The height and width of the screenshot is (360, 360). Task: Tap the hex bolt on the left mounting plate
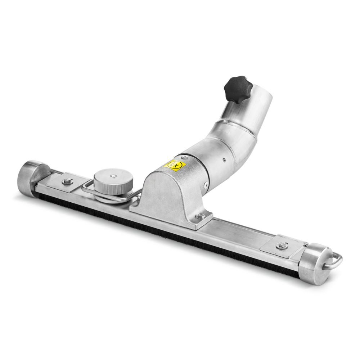(x=67, y=181)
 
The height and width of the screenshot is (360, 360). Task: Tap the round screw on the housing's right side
(x=206, y=185)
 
